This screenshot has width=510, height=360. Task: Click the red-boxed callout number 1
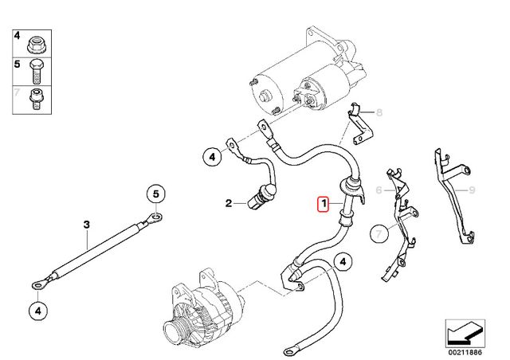tap(324, 204)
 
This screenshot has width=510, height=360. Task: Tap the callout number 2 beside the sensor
tap(229, 203)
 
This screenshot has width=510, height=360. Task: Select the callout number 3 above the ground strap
tap(86, 225)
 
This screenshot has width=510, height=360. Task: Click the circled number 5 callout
tap(156, 194)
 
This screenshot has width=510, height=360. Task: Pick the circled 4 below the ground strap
tap(38, 311)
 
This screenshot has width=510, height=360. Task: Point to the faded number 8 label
tap(379, 112)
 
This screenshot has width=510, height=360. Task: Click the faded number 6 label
tap(379, 190)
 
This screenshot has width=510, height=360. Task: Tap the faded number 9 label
tap(472, 190)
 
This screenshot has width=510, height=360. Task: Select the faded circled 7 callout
tap(379, 233)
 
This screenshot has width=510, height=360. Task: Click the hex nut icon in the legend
tap(37, 45)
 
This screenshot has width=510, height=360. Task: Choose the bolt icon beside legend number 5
tap(36, 72)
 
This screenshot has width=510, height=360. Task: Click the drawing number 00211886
tap(465, 352)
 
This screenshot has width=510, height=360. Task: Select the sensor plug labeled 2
tap(261, 197)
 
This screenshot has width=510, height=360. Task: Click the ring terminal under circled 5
tap(155, 216)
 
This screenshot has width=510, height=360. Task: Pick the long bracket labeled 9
tap(453, 195)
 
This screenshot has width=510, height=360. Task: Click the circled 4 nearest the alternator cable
tap(343, 262)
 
